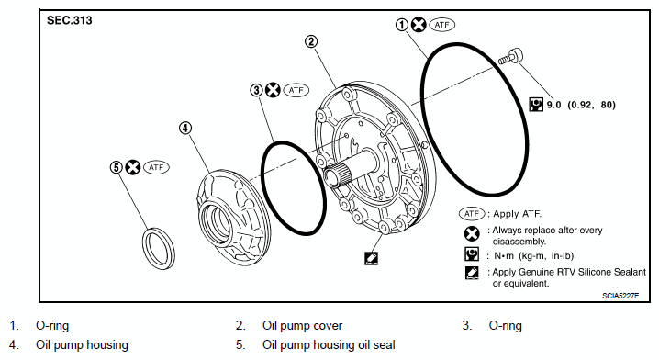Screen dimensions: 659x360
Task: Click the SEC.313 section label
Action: click(x=70, y=20)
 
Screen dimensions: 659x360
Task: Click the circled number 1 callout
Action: click(x=402, y=25)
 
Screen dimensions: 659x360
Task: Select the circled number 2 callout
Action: click(x=311, y=41)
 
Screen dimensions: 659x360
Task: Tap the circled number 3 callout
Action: click(x=256, y=90)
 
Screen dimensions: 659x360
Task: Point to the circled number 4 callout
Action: click(x=185, y=128)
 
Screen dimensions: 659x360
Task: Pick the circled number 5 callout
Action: click(x=117, y=167)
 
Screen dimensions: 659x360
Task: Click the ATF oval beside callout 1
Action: click(x=441, y=25)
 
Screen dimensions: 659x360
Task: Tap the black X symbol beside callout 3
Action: click(x=274, y=90)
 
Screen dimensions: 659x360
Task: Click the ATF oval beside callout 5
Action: click(x=156, y=167)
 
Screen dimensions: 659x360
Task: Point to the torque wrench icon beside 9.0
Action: click(x=536, y=105)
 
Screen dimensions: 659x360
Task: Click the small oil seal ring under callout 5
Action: click(x=158, y=249)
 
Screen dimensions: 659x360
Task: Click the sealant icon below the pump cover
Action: click(x=371, y=258)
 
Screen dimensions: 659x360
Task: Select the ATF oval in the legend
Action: click(x=472, y=214)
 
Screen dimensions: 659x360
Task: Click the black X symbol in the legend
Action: click(x=472, y=233)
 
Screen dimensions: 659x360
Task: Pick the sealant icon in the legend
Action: click(x=472, y=273)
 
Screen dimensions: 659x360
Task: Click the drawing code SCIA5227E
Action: click(x=620, y=296)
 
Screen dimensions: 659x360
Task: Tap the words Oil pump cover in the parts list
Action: click(x=302, y=325)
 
